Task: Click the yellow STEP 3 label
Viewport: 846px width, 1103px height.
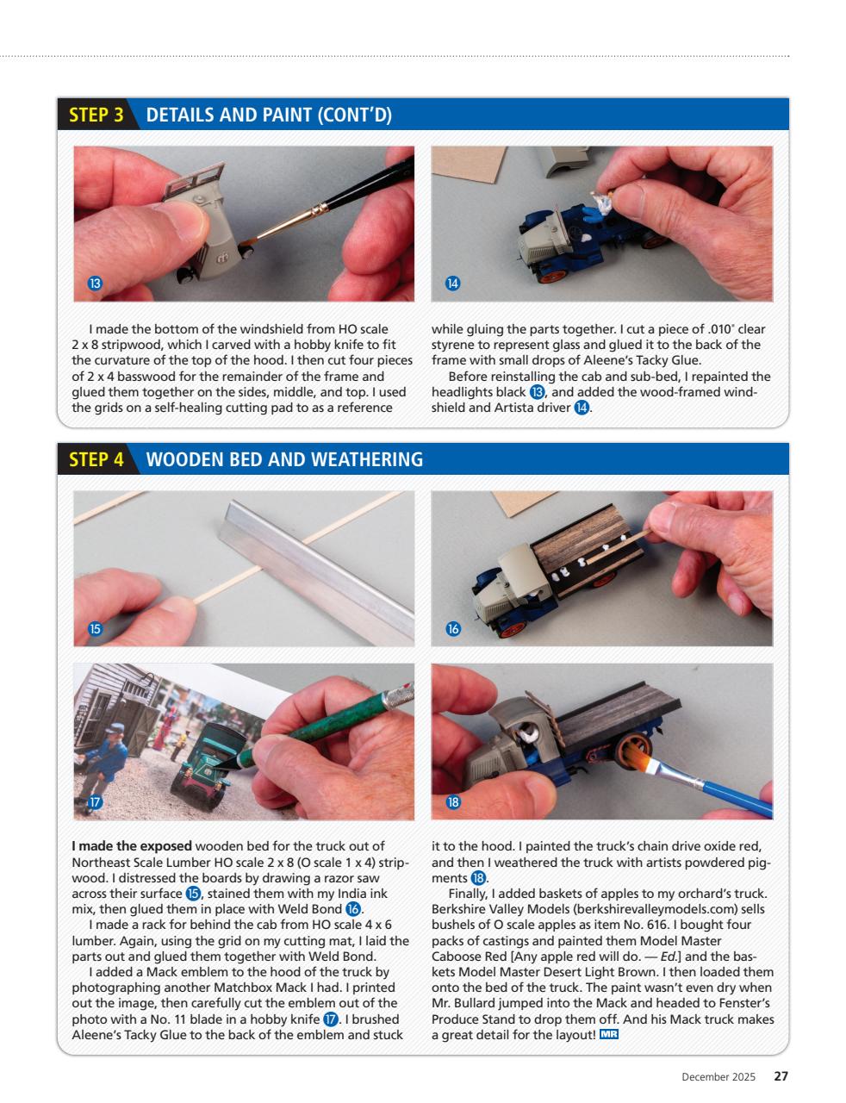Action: click(x=96, y=115)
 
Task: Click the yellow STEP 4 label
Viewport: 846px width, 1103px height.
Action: click(x=96, y=459)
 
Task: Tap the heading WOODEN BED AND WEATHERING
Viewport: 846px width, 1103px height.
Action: click(x=284, y=459)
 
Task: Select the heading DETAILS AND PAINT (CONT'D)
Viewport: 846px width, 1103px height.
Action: click(x=269, y=115)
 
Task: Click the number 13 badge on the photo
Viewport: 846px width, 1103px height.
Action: click(x=95, y=284)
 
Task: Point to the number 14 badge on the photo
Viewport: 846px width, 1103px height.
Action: click(x=452, y=284)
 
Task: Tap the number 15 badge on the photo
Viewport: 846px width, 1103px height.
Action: click(x=95, y=629)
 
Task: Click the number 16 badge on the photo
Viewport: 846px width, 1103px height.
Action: click(x=452, y=629)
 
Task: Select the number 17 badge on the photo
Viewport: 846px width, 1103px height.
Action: click(x=95, y=802)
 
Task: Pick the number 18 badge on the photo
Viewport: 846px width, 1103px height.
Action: click(x=452, y=802)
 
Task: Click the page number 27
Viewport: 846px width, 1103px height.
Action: click(x=781, y=1076)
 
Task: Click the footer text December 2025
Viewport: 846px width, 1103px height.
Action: click(x=718, y=1077)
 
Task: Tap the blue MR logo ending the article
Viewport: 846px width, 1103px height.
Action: click(x=609, y=1034)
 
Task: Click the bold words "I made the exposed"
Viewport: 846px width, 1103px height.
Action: click(x=132, y=845)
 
